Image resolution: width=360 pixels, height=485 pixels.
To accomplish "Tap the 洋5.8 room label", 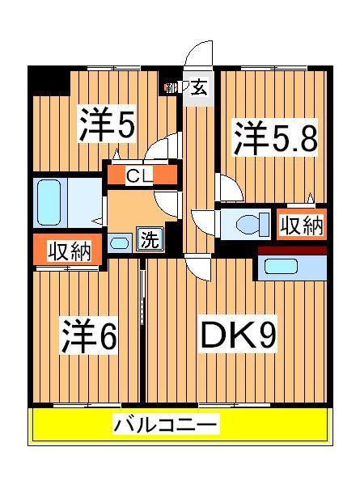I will point(276,138).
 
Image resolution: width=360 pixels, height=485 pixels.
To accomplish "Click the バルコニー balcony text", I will point(165,424).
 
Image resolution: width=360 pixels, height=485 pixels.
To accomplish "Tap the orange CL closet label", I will point(141,175).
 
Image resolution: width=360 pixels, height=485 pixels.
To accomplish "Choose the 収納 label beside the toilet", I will point(302,226).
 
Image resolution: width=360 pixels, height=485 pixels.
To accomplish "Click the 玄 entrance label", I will point(199,88).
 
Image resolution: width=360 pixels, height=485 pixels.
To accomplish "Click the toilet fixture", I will point(246,225).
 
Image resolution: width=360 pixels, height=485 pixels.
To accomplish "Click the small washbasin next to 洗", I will point(120,242).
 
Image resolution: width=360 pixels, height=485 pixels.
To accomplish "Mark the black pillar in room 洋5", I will point(48,78).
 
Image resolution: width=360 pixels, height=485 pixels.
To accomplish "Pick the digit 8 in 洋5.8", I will point(304,139).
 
